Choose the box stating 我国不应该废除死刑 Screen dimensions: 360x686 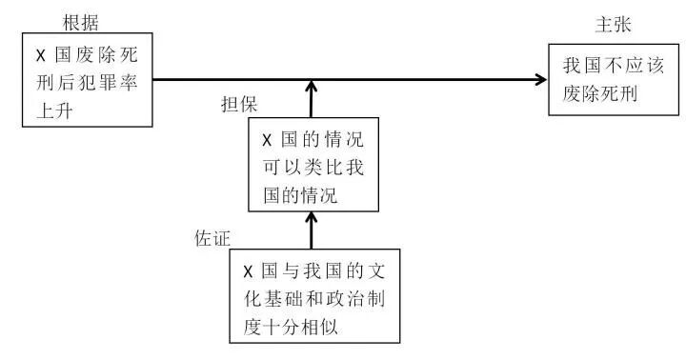pos(607,81)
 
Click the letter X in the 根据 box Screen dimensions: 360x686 pos(41,56)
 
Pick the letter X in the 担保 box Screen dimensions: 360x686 pos(267,136)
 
